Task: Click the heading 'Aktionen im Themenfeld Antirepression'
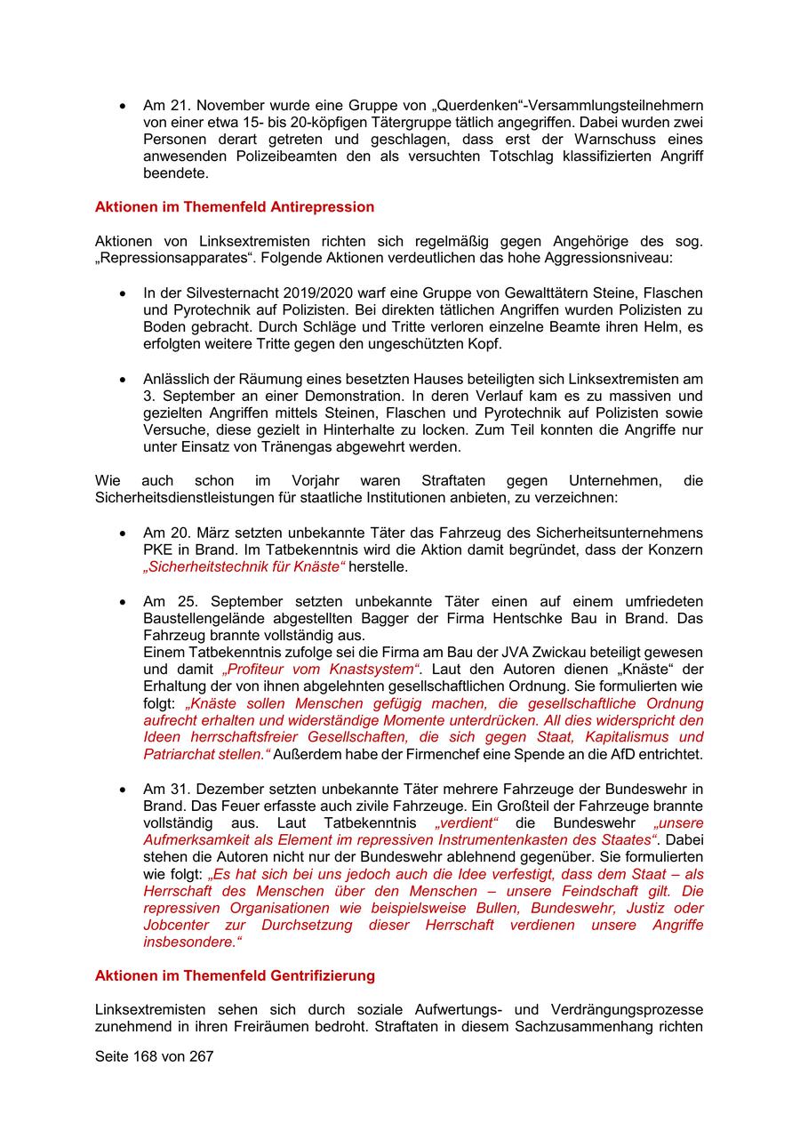click(234, 207)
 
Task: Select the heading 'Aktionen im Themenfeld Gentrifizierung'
click(235, 975)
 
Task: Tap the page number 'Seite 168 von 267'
click(155, 1056)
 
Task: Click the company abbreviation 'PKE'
click(158, 549)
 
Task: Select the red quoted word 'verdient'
click(468, 822)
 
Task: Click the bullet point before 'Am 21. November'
click(122, 106)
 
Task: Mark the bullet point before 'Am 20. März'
click(122, 533)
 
